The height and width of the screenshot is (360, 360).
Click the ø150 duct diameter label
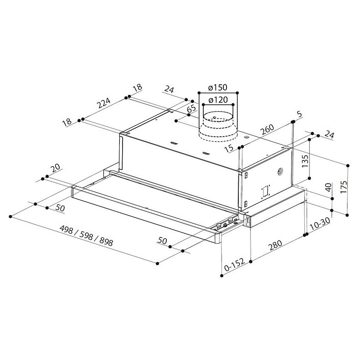point(217,87)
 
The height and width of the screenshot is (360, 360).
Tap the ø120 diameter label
point(218,100)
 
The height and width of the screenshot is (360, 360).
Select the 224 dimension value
point(104,103)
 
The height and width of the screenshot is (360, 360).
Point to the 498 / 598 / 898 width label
point(86,236)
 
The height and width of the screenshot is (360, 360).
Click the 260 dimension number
point(267,130)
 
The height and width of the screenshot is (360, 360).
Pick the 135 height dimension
point(305,161)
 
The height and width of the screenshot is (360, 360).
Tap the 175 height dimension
point(344,187)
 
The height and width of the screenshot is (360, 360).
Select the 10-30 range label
point(320,224)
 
